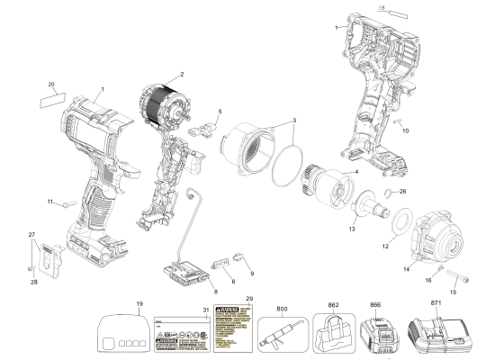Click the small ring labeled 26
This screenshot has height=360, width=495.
coord(387,192)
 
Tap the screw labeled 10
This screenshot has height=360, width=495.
coord(397,121)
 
